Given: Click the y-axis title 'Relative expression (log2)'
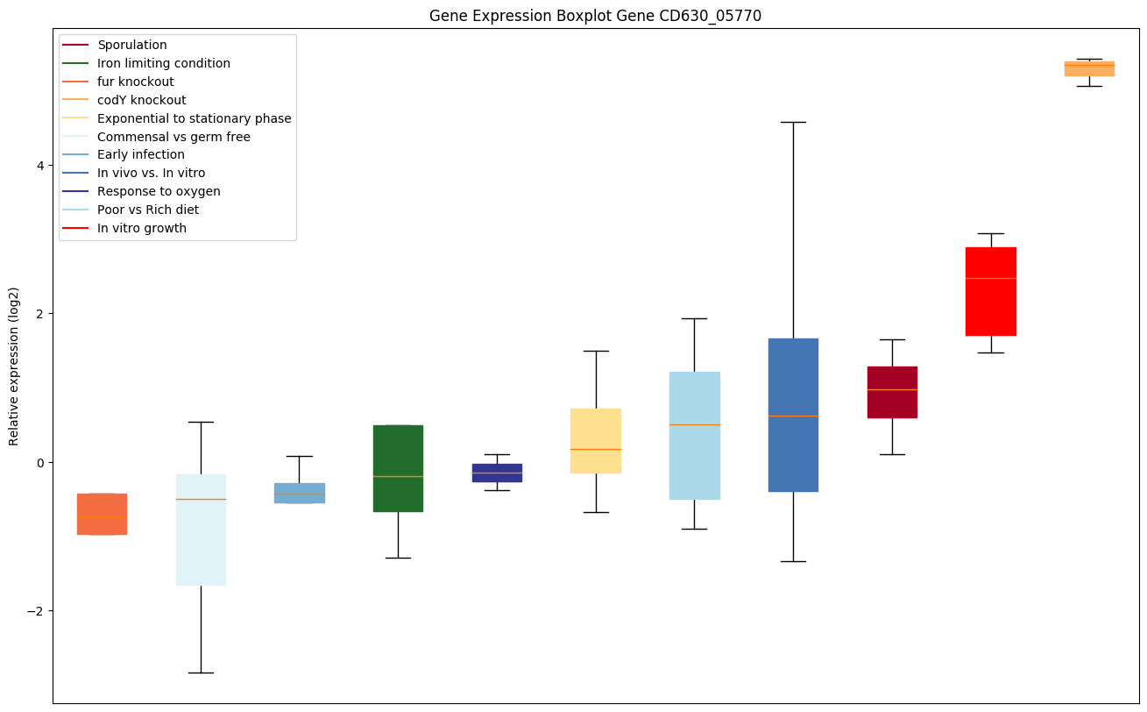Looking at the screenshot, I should pyautogui.click(x=14, y=366).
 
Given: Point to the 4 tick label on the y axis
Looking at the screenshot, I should pyautogui.click(x=39, y=166).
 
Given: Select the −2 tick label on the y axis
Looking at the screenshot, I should pyautogui.click(x=35, y=611).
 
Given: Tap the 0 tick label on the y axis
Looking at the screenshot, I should pyautogui.click(x=39, y=463).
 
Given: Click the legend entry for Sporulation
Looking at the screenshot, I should pyautogui.click(x=132, y=45).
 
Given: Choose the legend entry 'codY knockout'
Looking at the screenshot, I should pyautogui.click(x=142, y=100).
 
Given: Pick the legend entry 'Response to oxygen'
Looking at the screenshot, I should pyautogui.click(x=159, y=191).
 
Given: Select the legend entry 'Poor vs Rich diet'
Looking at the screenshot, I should pyautogui.click(x=148, y=210).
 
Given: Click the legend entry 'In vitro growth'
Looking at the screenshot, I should pyautogui.click(x=142, y=228).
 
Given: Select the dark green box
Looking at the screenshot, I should pyautogui.click(x=398, y=467).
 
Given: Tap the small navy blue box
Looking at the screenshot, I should pyautogui.click(x=497, y=473).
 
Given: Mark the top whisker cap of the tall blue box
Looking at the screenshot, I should pyautogui.click(x=793, y=123).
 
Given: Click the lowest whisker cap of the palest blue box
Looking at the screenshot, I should pyautogui.click(x=201, y=673).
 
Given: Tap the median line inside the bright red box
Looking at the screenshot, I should pyautogui.click(x=990, y=278).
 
